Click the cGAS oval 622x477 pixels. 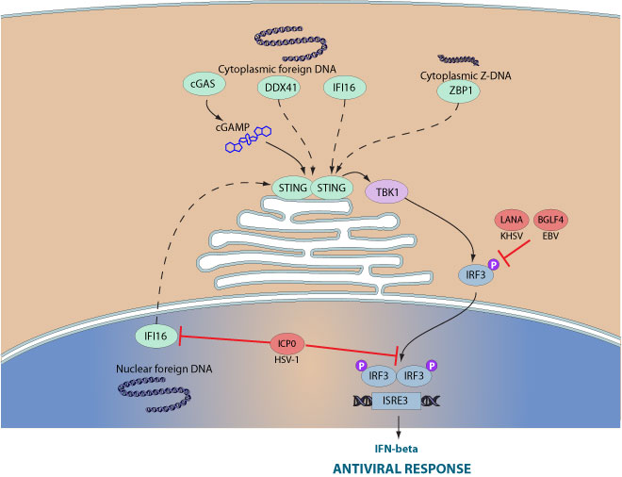click(203, 86)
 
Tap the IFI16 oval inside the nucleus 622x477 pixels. click(155, 336)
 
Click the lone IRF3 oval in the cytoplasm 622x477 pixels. click(473, 275)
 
